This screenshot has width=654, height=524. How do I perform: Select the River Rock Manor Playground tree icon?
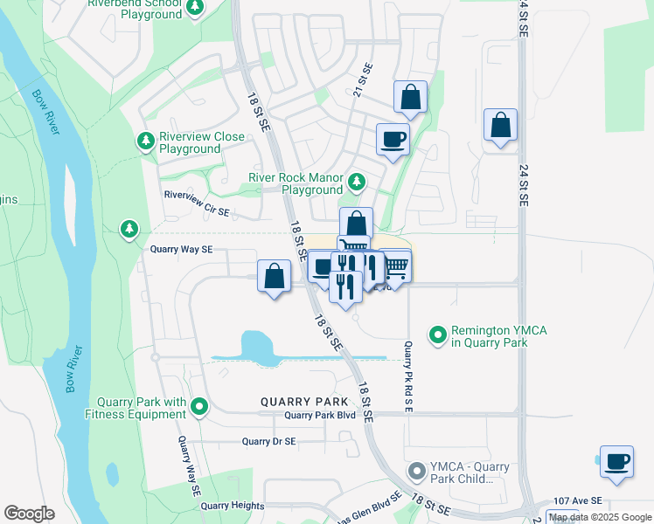pos(356,183)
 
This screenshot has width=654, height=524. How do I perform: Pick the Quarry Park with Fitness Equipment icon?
pos(200,406)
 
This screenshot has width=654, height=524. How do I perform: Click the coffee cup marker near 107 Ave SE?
pos(616,461)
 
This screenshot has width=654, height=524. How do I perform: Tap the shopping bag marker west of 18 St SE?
pos(275,276)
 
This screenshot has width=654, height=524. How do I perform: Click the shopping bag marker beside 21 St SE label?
pos(409,98)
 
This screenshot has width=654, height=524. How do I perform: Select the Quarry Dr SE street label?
pos(269,442)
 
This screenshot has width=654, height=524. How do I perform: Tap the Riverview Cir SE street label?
pos(197,211)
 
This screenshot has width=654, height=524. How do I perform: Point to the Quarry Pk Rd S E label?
pos(407,376)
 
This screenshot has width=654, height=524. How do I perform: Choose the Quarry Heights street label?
pos(231,505)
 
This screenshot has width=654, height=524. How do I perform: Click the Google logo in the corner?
pos(29,514)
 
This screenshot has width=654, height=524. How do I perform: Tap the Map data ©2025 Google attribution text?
pos(600,517)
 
